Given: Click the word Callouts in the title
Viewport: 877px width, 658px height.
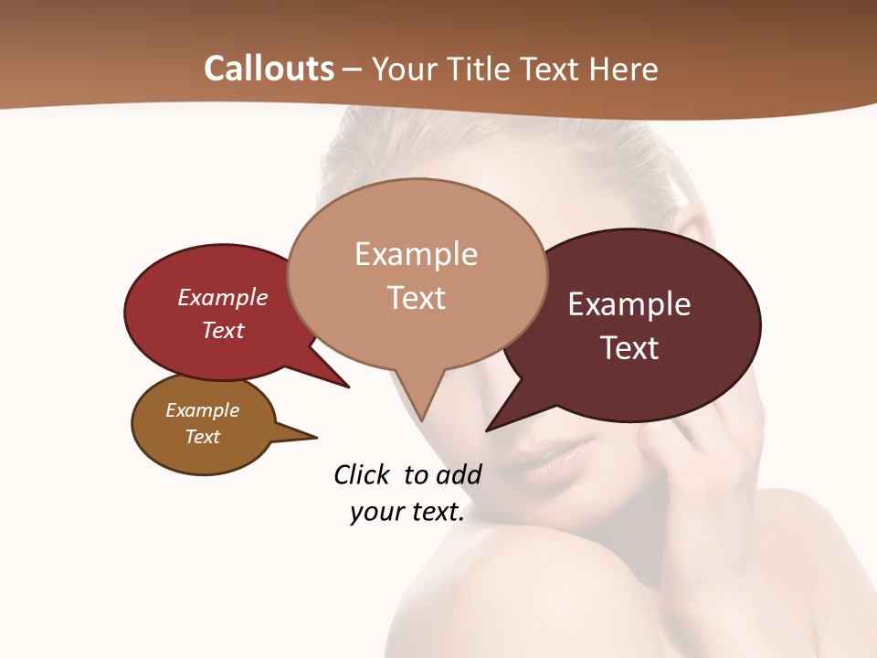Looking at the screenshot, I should pyautogui.click(x=269, y=69).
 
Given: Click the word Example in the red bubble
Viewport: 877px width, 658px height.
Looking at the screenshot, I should pyautogui.click(x=223, y=297).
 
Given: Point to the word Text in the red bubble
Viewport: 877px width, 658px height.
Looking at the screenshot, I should pyautogui.click(x=223, y=330).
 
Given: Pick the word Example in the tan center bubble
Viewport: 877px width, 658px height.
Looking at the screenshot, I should pyautogui.click(x=416, y=254).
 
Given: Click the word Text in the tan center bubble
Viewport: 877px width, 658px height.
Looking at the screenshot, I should pyautogui.click(x=416, y=298).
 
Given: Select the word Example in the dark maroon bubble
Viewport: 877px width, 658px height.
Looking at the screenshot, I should pyautogui.click(x=629, y=303).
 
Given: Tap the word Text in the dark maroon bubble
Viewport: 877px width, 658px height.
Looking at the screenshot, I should pyautogui.click(x=629, y=348).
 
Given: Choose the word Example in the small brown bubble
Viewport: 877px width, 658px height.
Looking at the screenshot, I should pyautogui.click(x=202, y=410).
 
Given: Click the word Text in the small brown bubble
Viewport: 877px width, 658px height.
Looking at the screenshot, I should pyautogui.click(x=202, y=437).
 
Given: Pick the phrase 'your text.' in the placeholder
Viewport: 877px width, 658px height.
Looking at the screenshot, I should pyautogui.click(x=407, y=513).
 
